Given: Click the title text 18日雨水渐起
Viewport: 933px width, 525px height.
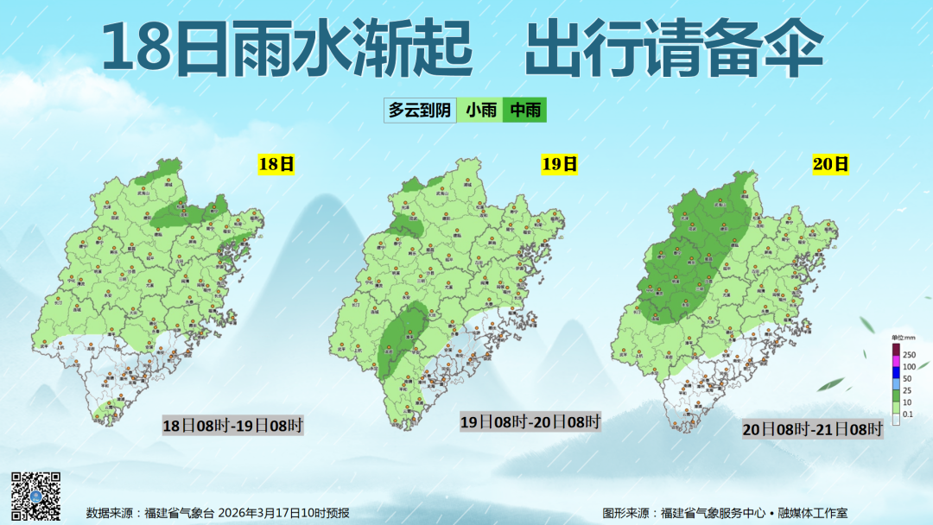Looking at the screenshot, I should pos(288,49).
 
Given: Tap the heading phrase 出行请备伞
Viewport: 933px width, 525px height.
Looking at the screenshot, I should pos(673,49).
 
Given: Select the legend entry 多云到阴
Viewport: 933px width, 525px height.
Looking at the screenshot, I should pos(420,110).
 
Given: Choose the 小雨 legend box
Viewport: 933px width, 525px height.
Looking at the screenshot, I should pos(481,110).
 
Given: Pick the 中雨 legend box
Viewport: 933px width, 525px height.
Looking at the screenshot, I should pos(524,110).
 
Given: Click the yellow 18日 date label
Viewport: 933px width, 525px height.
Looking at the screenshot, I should pos(276,164).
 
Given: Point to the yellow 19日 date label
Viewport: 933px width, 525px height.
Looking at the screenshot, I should pos(559,164).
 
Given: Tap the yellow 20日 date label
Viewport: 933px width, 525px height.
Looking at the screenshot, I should pos(831,164).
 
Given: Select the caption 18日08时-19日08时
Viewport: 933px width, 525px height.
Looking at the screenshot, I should pos(233,425).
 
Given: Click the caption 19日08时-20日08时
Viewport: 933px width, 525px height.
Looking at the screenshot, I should pos(530,421).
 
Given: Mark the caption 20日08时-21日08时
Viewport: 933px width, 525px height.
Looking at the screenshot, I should pos(812,429).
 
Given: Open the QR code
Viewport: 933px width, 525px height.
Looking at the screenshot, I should pos(35,497).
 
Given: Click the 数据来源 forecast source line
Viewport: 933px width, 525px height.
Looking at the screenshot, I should pos(218,513).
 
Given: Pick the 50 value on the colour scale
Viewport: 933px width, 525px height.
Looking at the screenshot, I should pos(907,379).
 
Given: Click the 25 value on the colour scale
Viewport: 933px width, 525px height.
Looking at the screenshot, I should pos(907,391).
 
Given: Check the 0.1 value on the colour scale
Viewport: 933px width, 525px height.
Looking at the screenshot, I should pos(907,415).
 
